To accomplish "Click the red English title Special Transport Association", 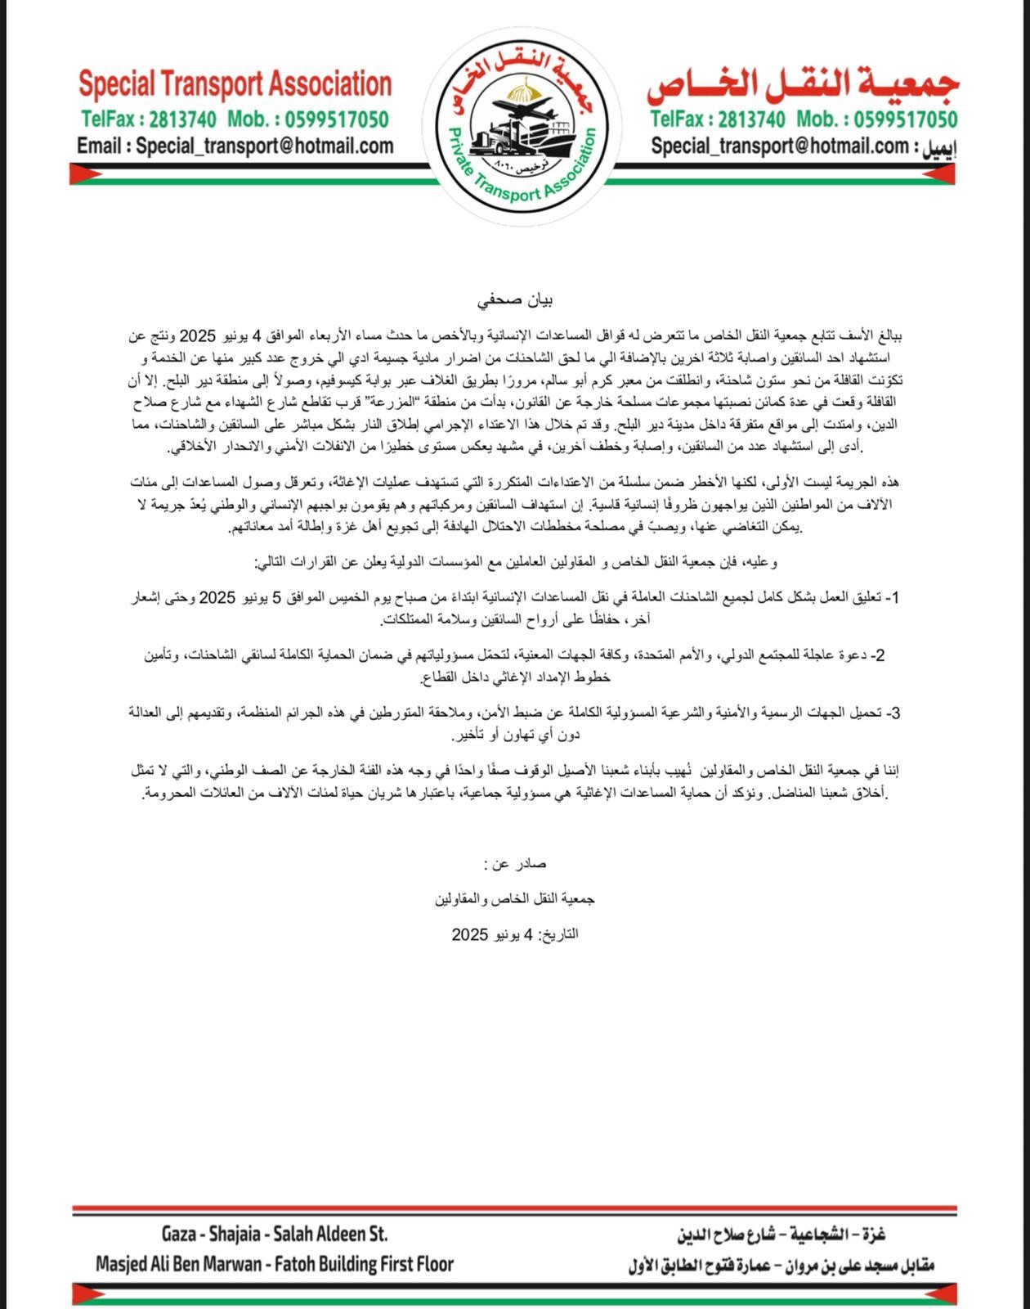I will pos(235,84).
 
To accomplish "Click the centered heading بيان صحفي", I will pos(515,300).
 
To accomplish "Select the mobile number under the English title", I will pos(334,119).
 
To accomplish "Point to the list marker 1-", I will pos(894,598).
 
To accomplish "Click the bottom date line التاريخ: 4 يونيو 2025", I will pos(515,934).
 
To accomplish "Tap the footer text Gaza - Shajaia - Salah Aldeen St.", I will pos(275,1234).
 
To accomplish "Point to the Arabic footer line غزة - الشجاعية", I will pos(781,1234).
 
